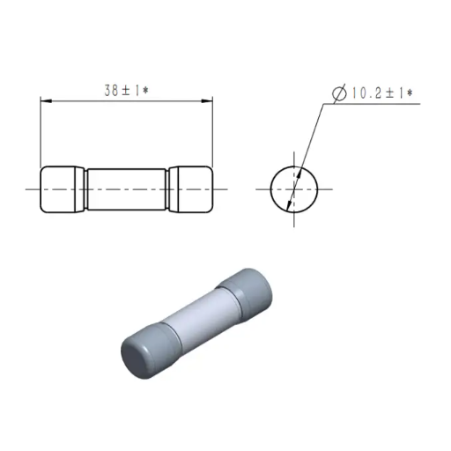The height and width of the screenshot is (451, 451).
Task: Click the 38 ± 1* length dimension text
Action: pos(127,91)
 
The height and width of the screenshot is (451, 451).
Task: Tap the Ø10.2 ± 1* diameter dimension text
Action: pos(373,93)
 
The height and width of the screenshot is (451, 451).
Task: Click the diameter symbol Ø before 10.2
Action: pos(339,93)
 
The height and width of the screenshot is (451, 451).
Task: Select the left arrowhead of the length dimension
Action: pos(46,101)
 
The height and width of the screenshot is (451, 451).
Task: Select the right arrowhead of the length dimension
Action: pos(207,101)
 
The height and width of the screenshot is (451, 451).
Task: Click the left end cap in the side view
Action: pos(63,189)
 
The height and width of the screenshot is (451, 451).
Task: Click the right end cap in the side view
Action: pos(190,189)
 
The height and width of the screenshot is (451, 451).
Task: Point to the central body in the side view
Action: pos(127,189)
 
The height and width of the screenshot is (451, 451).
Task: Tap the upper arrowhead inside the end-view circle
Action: pos(299,174)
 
